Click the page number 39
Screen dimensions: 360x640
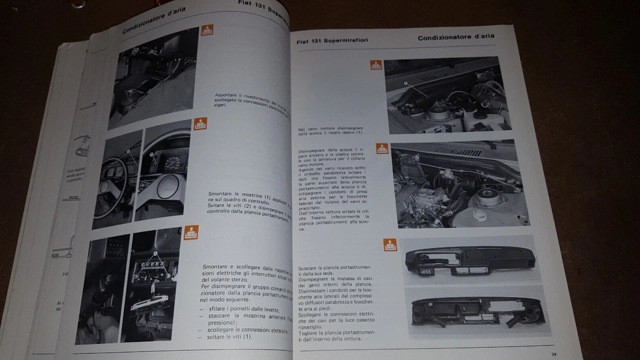(x=554, y=353)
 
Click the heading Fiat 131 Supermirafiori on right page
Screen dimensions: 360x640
(x=332, y=43)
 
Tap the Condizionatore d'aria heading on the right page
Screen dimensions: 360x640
(x=457, y=37)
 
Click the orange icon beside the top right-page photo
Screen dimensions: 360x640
(x=374, y=65)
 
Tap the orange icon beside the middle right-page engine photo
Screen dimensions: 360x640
(x=382, y=148)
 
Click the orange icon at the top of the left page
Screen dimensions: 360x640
(x=208, y=31)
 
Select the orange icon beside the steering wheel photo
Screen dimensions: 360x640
(x=200, y=124)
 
